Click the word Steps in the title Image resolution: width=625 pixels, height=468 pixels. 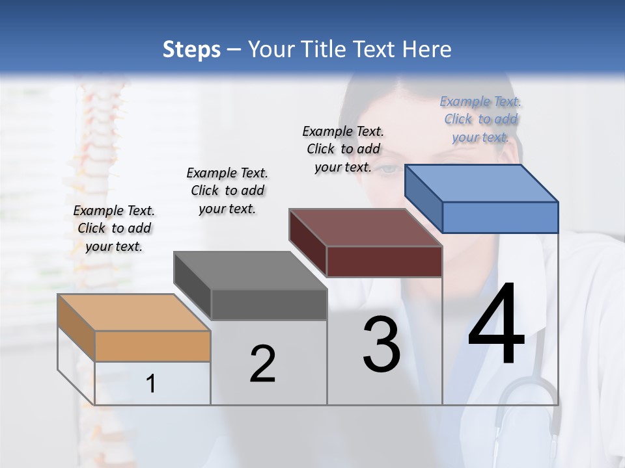tap(191, 49)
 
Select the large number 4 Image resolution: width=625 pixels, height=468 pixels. tap(496, 325)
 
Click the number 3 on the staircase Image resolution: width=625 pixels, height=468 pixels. tap(382, 344)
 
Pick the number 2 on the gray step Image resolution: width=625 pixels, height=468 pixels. tap(262, 364)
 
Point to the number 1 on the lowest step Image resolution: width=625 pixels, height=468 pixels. tap(151, 383)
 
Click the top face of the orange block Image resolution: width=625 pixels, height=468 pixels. tap(133, 313)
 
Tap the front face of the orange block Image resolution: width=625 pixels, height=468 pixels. tap(152, 346)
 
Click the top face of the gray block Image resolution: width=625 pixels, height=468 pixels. tap(250, 270)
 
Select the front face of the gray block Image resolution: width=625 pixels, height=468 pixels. tap(268, 305)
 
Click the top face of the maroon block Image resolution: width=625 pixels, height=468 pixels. tap(365, 227)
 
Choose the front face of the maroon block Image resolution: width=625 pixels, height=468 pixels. tap(384, 261)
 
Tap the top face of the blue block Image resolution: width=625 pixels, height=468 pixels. tap(481, 183)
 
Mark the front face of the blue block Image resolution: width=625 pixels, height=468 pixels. tap(500, 217)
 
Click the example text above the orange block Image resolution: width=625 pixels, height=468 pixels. tap(114, 228)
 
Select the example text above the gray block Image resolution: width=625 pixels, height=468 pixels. tap(227, 190)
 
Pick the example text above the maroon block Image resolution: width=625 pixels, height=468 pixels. tap(343, 149)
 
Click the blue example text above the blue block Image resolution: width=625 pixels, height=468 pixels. tap(480, 119)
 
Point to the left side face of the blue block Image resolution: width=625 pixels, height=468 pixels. tap(423, 198)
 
